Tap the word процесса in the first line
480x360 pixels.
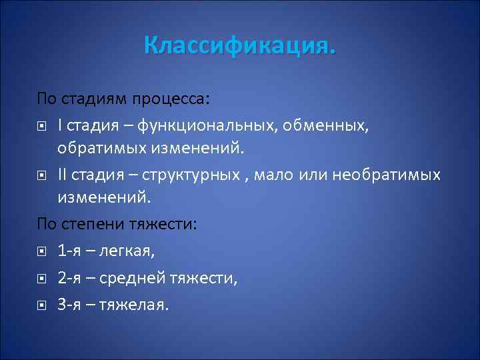tap(175, 99)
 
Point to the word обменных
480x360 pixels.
tap(331, 124)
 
